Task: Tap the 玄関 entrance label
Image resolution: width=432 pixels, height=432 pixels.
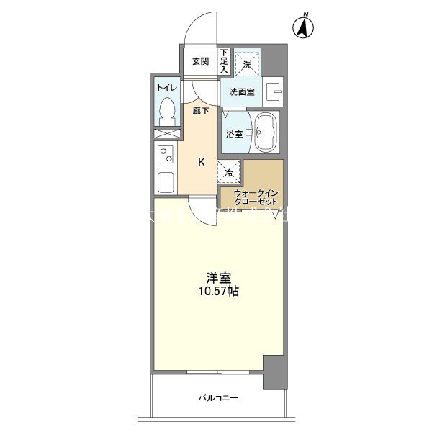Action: pos(200,61)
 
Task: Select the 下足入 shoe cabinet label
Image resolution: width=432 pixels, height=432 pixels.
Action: pos(224,61)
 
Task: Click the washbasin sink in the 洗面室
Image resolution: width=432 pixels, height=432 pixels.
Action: pos(273,91)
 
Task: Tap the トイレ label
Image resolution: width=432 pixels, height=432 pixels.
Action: pos(166,87)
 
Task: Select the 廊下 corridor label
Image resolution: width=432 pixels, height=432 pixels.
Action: pos(201,111)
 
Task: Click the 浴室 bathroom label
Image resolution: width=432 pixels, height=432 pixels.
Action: pos(234,134)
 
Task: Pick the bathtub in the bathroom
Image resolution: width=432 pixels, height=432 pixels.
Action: pos(266,132)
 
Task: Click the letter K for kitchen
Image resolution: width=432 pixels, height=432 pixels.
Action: pos(202,162)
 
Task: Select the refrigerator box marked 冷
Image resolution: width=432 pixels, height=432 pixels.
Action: pos(230,173)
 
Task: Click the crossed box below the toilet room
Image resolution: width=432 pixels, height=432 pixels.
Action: pos(166,134)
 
